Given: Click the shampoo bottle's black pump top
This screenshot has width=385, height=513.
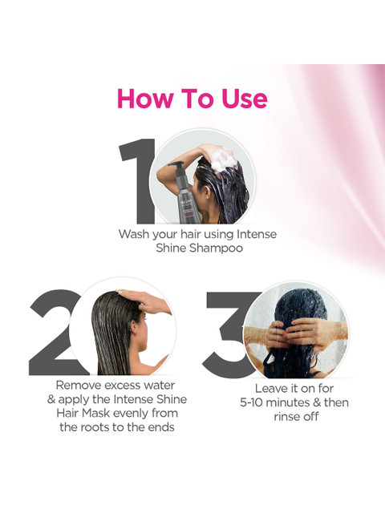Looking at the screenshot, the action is click(176, 166).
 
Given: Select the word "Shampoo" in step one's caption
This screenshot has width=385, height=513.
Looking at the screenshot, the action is click(216, 248).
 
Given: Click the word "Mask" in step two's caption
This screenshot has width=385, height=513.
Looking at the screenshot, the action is click(96, 413).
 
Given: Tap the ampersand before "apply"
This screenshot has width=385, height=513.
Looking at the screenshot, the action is click(51, 399).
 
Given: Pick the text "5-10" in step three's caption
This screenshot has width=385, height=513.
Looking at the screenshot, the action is click(251, 402).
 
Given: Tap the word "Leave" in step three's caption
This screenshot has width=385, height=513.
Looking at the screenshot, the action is click(270, 388).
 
